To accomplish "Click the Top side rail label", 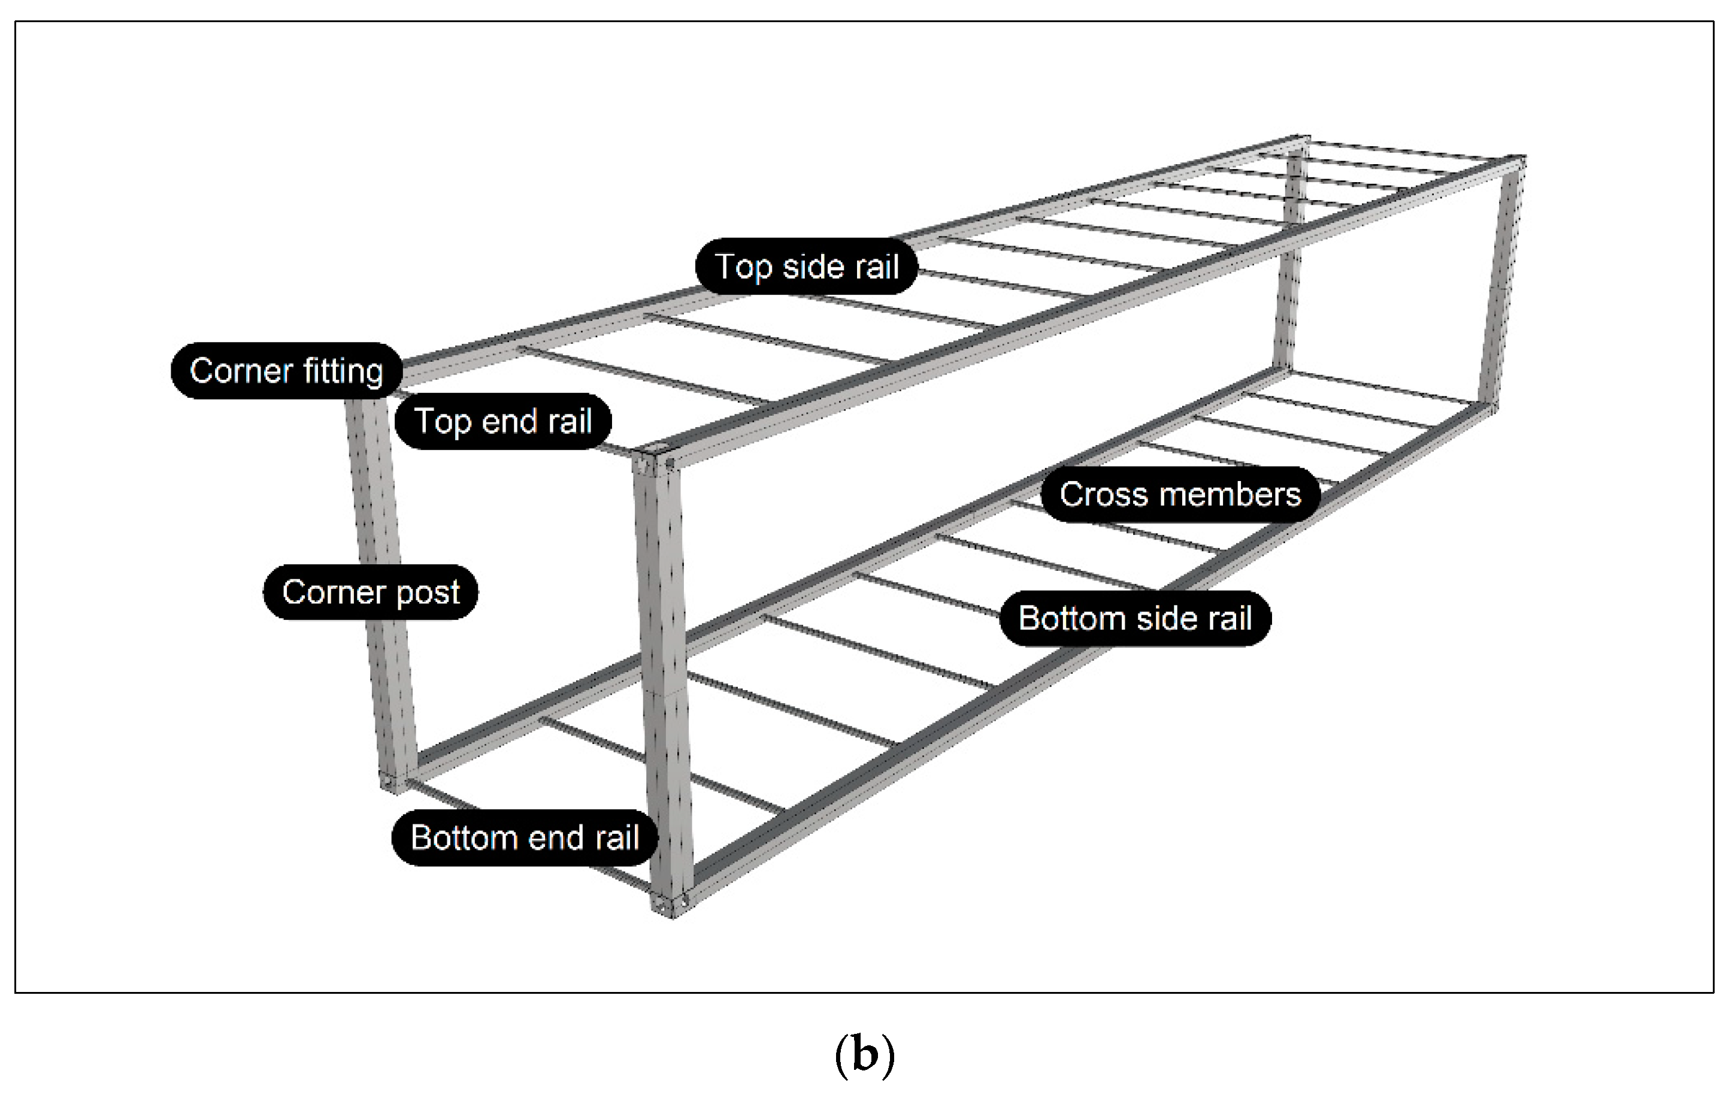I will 806,267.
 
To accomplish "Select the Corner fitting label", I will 286,371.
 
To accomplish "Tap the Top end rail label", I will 503,422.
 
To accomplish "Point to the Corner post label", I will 370,592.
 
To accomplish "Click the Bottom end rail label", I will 525,837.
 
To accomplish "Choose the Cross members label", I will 1180,494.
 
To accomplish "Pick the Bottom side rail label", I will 1135,618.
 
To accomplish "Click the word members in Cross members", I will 1231,494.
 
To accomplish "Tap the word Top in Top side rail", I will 744,267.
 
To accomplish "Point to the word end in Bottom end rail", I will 554,837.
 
